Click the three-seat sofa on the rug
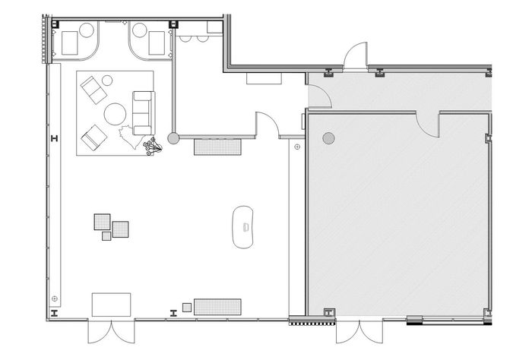[143, 109]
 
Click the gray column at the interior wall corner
[174, 138]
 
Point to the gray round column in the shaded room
[328, 138]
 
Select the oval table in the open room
[244, 226]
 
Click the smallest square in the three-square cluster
[106, 235]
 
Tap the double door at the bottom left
[111, 332]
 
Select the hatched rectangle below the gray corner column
[218, 146]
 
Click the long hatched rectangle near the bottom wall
[217, 307]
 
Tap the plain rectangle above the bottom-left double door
[111, 305]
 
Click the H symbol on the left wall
[53, 137]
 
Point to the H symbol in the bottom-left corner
[53, 312]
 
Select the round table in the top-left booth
[87, 31]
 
